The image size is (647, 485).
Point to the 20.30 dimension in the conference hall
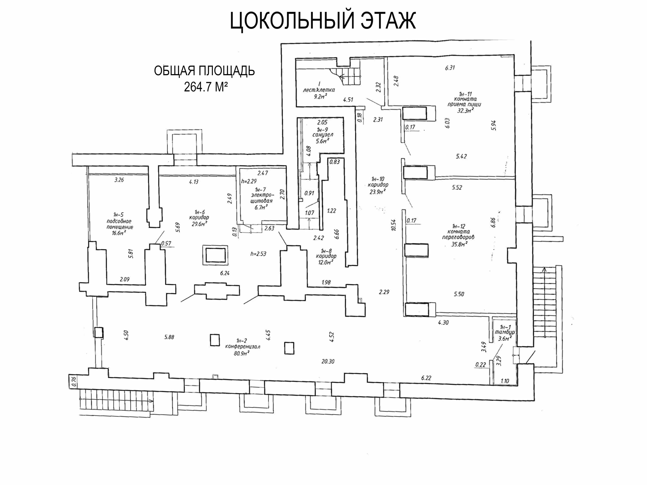(328, 361)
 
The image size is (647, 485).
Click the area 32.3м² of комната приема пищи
(465, 110)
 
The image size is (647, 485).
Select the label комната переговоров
(458, 234)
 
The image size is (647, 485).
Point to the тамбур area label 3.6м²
(505, 338)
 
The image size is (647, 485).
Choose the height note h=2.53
(258, 254)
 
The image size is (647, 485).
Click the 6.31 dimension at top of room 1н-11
(450, 68)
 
